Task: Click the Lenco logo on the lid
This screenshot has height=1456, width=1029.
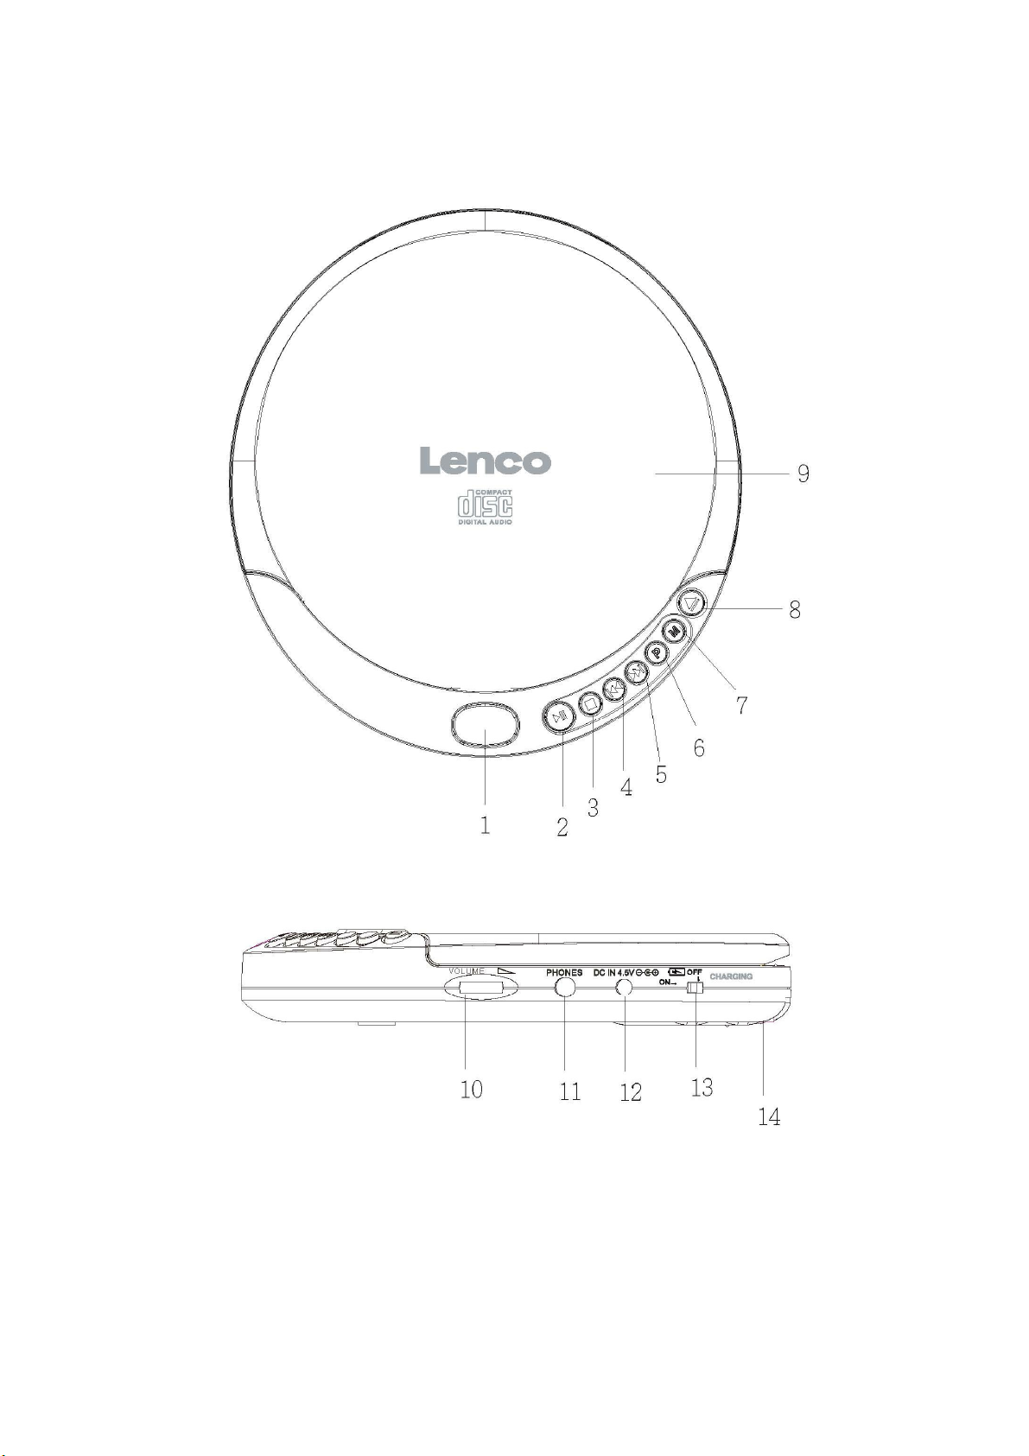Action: (485, 461)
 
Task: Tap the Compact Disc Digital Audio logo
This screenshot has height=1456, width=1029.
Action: (486, 507)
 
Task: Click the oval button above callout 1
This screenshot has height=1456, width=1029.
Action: (485, 724)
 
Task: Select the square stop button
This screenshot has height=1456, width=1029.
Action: (590, 703)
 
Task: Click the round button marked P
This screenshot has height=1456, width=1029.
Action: (657, 654)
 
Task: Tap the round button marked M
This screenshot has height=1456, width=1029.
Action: (675, 631)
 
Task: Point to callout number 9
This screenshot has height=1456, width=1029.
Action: (804, 474)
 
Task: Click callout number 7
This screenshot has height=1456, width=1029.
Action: (741, 704)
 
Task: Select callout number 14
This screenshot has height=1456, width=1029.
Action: (769, 1116)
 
